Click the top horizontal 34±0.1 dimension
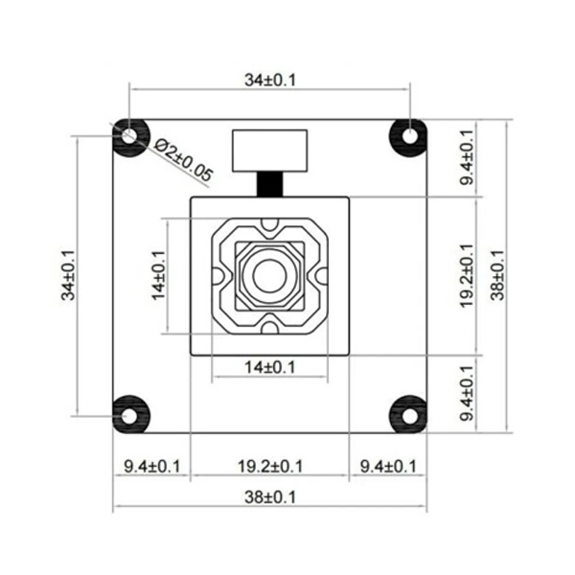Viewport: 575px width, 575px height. [270, 80]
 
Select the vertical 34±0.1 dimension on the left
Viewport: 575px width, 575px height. [68, 273]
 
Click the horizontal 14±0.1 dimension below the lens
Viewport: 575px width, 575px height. [270, 367]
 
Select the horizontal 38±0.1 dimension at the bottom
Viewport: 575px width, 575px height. [270, 497]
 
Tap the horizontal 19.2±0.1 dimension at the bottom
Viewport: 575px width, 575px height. [269, 466]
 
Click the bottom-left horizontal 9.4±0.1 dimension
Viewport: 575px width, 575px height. [152, 466]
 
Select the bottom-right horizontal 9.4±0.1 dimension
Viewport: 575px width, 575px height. [387, 466]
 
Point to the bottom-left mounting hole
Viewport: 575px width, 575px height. [129, 413]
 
